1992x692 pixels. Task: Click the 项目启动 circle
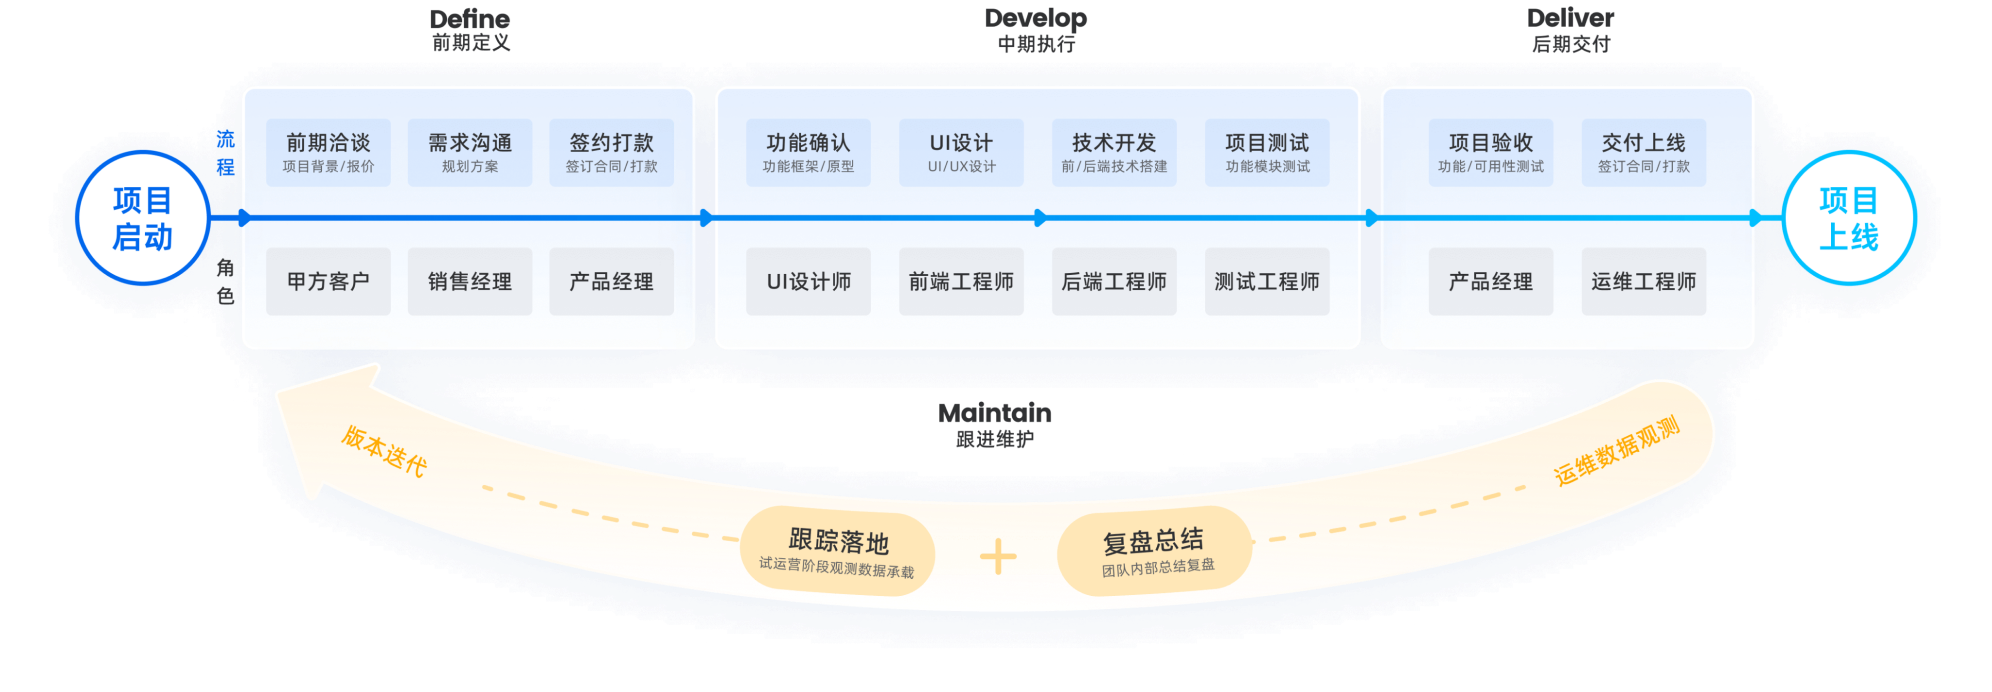[x=142, y=218]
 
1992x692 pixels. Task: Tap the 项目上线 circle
[x=1848, y=218]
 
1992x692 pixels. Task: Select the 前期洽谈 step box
[x=328, y=152]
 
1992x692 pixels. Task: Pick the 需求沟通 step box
[x=470, y=152]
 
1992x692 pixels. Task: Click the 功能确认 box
[x=808, y=152]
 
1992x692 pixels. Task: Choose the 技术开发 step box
[x=1114, y=152]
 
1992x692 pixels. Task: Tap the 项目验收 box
[x=1490, y=152]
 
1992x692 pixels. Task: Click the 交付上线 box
[x=1643, y=152]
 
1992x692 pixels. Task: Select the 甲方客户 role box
[x=328, y=281]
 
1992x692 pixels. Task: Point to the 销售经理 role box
[x=470, y=281]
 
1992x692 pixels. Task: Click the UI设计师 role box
[x=808, y=281]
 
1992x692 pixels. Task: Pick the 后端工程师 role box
[x=1114, y=281]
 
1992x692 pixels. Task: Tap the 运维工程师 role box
[x=1643, y=281]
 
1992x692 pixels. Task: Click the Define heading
[x=470, y=19]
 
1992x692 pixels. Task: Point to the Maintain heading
[x=995, y=413]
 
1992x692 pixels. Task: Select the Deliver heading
[x=1570, y=19]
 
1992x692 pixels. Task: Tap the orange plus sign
[x=998, y=557]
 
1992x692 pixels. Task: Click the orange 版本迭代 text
[x=384, y=451]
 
